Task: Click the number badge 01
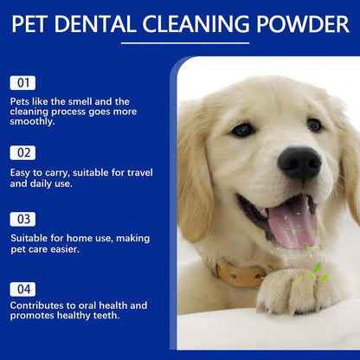point(22,83)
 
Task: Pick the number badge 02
point(22,152)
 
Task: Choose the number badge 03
point(22,219)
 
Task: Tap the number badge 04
point(22,288)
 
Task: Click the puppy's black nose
point(299,162)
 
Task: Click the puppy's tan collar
point(240,275)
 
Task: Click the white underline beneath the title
point(180,42)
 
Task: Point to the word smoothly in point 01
point(31,122)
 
